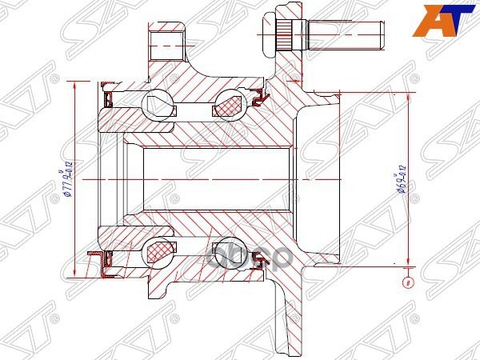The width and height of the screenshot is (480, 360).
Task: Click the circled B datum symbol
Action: pyautogui.click(x=409, y=282)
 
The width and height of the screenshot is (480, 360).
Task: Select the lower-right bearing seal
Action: pyautogui.click(x=258, y=256)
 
